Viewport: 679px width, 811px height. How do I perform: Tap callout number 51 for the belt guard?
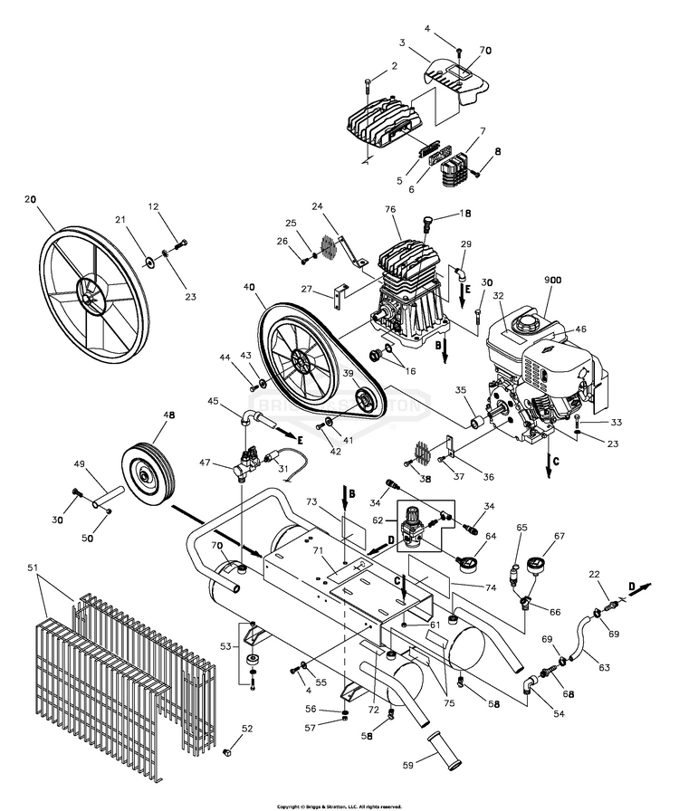pyautogui.click(x=34, y=568)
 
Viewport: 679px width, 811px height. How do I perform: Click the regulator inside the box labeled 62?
pyautogui.click(x=418, y=525)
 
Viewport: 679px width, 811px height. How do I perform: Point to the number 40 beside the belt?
pyautogui.click(x=248, y=288)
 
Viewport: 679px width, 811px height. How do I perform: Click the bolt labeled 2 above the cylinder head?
pyautogui.click(x=368, y=85)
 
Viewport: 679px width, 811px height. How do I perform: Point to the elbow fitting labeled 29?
pyautogui.click(x=461, y=269)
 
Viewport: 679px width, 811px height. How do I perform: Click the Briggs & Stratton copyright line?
pyautogui.click(x=339, y=805)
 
